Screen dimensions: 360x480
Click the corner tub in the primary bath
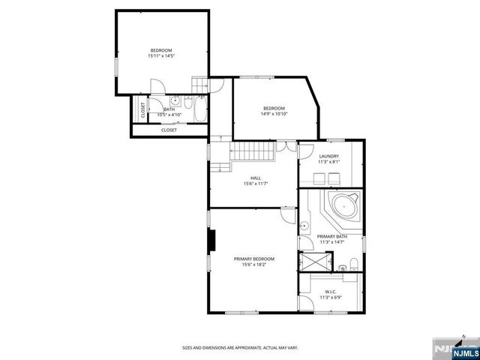[x=346, y=205]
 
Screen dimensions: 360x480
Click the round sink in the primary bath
[x=305, y=226]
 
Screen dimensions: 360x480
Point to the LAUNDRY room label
[x=328, y=156]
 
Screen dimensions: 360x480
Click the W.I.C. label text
[x=331, y=291]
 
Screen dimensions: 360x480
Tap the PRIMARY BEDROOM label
[x=253, y=259]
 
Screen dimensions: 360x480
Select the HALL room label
[x=256, y=178]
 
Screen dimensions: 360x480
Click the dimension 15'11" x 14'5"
[x=160, y=55]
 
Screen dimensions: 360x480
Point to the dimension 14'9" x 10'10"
[x=274, y=113]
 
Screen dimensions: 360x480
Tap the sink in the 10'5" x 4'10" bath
[x=174, y=100]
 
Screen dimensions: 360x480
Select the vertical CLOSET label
[x=142, y=109]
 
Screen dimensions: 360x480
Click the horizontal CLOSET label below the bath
[x=169, y=130]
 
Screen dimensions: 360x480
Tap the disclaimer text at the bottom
[x=240, y=347]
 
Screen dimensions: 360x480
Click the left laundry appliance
[x=317, y=178]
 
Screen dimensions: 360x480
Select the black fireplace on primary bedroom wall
[x=213, y=239]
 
